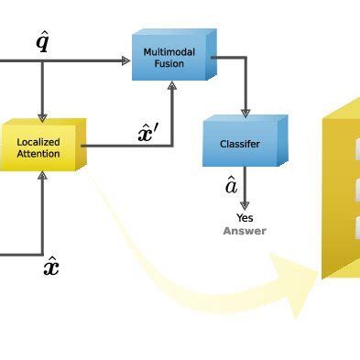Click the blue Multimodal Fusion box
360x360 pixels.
[x=172, y=57]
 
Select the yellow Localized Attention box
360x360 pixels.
[x=41, y=146]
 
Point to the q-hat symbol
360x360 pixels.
[x=42, y=40]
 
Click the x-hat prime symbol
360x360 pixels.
[x=147, y=133]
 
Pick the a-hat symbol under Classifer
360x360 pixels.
[x=232, y=186]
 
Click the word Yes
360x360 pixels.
[x=245, y=218]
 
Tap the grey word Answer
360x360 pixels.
[x=245, y=231]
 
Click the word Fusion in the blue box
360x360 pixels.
[x=169, y=64]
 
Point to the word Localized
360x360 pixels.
[x=38, y=142]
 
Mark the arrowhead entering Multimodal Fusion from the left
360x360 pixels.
[x=125, y=60]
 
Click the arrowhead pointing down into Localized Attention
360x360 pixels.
[x=42, y=115]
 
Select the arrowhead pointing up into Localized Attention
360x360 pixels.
[x=42, y=176]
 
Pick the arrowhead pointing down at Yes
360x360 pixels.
[x=245, y=206]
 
